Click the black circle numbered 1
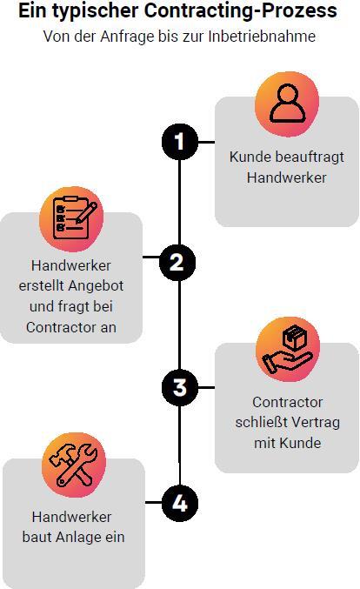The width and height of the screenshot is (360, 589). (x=180, y=142)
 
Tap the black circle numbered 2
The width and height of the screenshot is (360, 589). (x=177, y=262)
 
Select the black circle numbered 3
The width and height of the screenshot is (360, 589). (x=180, y=387)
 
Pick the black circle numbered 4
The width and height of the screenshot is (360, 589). (x=180, y=503)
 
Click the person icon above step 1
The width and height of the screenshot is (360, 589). (x=288, y=104)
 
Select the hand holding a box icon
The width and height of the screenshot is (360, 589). (x=288, y=350)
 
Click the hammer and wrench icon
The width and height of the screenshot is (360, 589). (x=74, y=465)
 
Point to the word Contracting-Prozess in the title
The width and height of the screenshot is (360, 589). (x=241, y=10)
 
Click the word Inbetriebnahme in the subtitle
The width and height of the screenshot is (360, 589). (x=262, y=37)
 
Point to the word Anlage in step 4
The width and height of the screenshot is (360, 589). (x=78, y=537)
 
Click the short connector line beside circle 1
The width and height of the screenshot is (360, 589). (x=206, y=143)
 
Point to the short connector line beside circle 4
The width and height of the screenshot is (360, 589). (x=154, y=502)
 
